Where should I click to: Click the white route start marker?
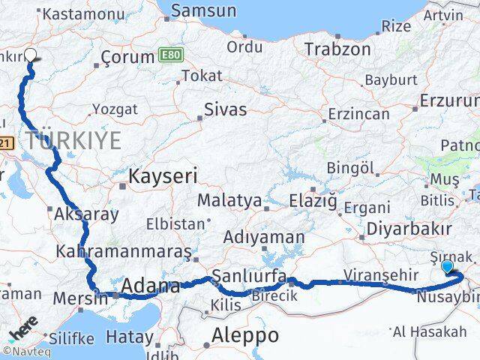[x=31, y=54]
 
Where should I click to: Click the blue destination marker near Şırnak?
[x=448, y=266]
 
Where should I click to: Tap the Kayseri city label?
[x=163, y=177]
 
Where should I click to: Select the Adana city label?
[x=151, y=286]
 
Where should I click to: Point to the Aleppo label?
[x=245, y=334]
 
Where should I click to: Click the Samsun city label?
[x=203, y=11]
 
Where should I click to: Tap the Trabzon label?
[x=337, y=49]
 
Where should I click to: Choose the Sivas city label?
[x=226, y=109]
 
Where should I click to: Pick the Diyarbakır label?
[x=409, y=229]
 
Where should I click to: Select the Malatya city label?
[x=229, y=201]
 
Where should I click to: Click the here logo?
[x=22, y=331]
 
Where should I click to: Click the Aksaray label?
[x=86, y=214]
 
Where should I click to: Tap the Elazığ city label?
[x=313, y=200]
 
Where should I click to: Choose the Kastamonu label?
[x=75, y=13]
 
